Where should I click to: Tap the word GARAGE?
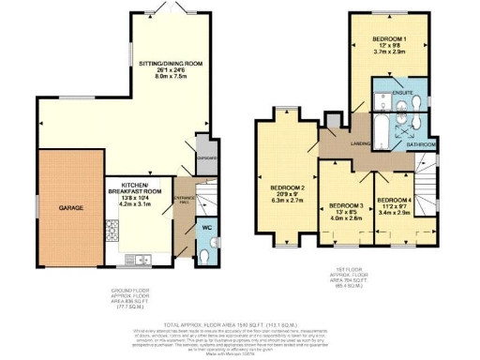[x=72, y=208]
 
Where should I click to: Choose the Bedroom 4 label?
[x=393, y=200]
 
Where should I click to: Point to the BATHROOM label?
[x=420, y=143]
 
